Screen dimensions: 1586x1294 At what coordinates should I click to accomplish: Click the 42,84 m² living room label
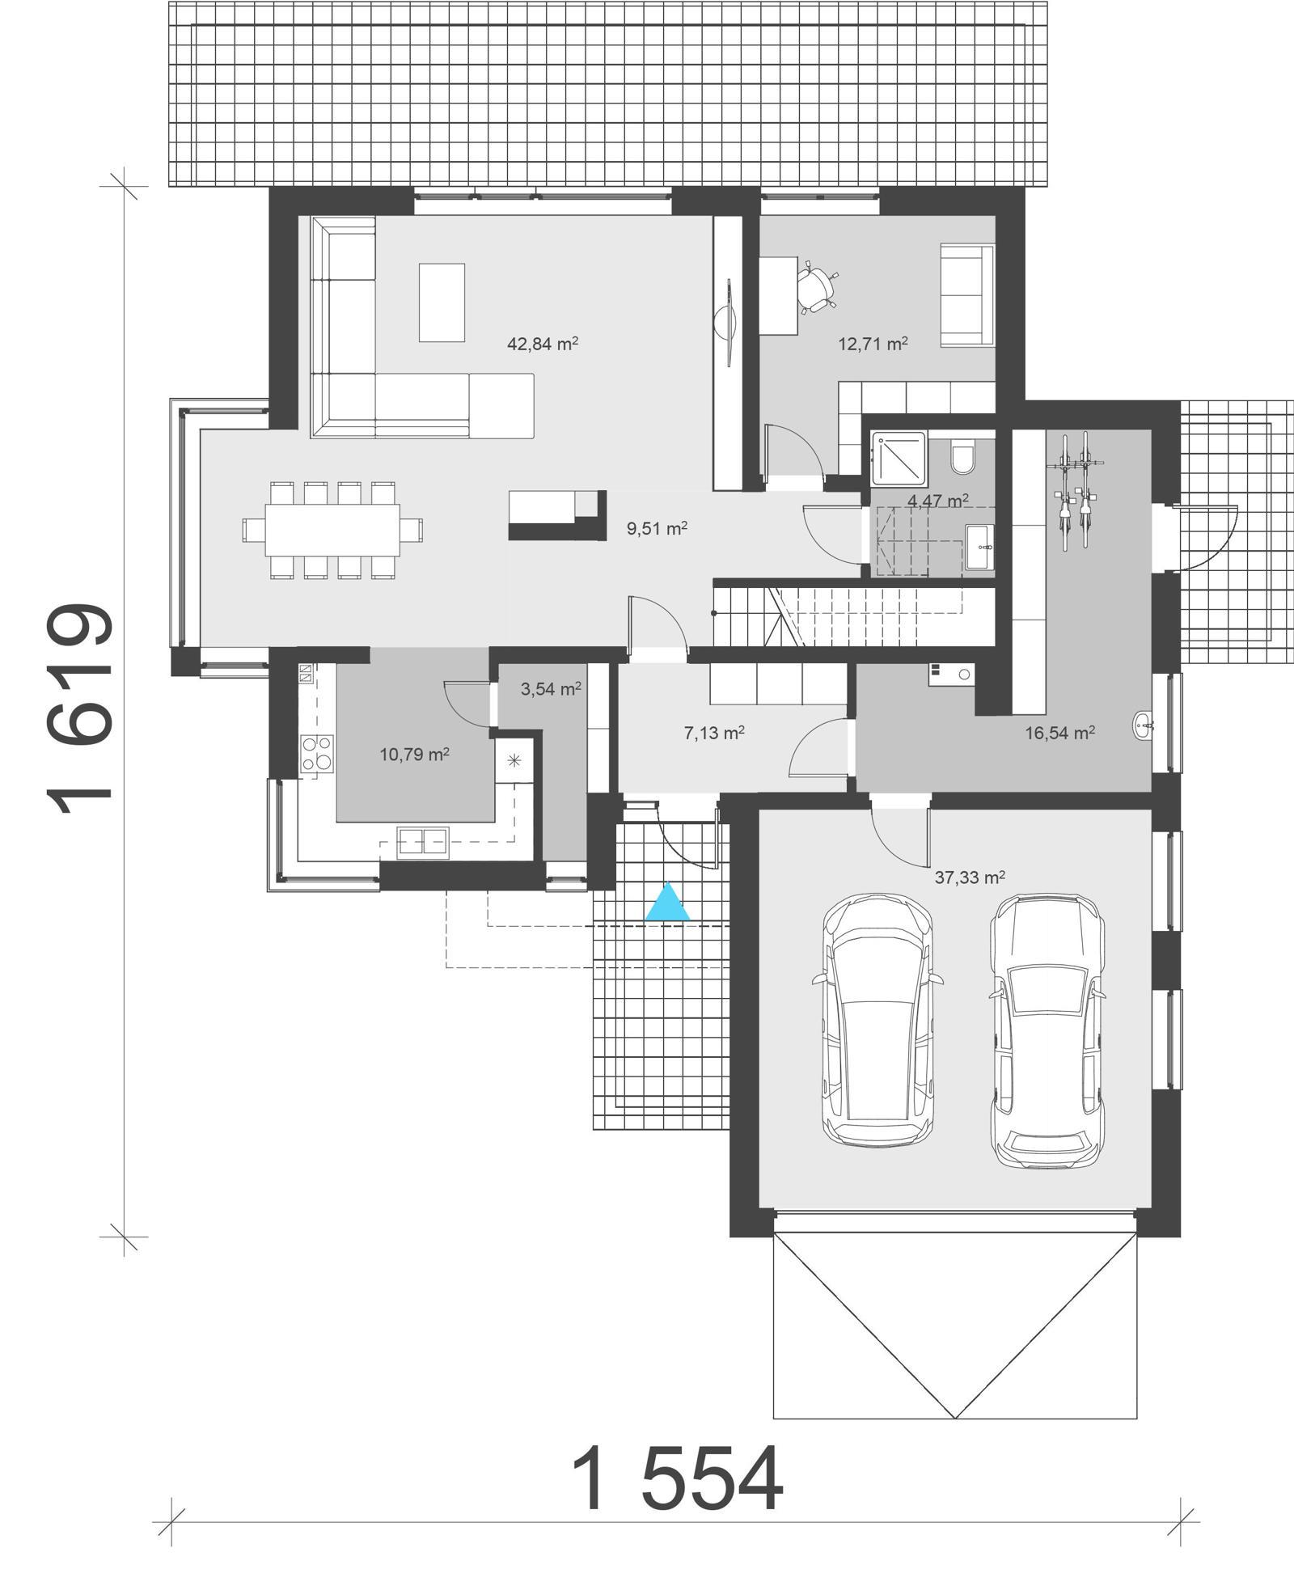542,344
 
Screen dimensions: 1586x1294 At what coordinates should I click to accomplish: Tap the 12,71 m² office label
872,344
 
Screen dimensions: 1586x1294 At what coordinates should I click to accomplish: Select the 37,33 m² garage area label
970,878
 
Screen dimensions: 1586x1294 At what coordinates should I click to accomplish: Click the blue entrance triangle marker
668,904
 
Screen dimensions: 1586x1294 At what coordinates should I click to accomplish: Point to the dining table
332,531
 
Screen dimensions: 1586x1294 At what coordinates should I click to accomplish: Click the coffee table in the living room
442,302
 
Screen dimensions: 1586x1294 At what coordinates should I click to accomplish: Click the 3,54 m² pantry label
550,689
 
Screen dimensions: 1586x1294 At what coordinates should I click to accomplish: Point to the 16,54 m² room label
1059,733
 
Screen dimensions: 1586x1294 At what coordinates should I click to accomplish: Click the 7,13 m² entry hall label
713,733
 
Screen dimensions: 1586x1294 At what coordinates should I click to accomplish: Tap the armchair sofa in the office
966,296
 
